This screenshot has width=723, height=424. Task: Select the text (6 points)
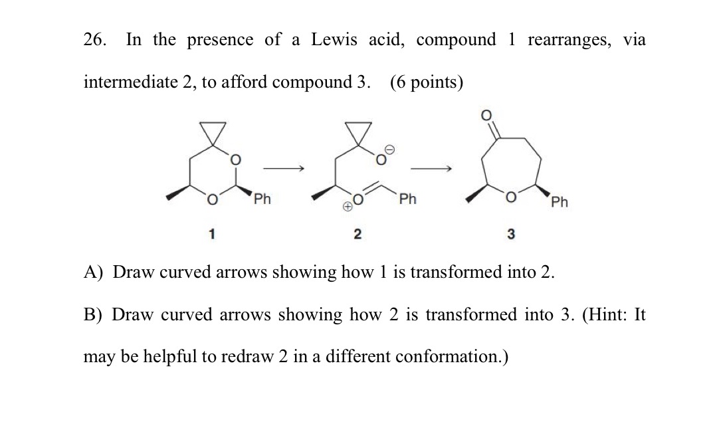click(x=427, y=82)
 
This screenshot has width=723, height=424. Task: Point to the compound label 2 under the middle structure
click(x=357, y=233)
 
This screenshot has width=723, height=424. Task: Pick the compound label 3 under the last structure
click(x=511, y=234)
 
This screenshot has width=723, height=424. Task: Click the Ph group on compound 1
click(x=262, y=199)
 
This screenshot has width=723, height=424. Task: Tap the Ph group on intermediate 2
click(x=407, y=199)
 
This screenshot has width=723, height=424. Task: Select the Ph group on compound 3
click(x=559, y=201)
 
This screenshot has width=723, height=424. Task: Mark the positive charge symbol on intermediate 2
click(x=347, y=207)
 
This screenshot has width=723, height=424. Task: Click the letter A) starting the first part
click(x=92, y=272)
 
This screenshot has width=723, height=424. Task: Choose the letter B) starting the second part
click(x=92, y=314)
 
